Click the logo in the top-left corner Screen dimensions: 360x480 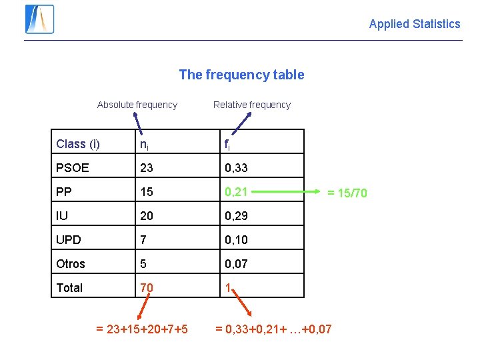[39, 19]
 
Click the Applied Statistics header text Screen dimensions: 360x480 [414, 24]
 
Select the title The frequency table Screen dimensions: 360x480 [241, 75]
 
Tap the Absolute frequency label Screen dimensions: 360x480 [137, 105]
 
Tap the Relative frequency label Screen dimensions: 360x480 [251, 105]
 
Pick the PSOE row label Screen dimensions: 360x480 [72, 168]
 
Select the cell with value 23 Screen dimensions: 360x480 [147, 168]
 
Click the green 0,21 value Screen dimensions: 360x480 [236, 192]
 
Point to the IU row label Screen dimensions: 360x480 [63, 216]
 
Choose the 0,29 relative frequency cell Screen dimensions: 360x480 [236, 216]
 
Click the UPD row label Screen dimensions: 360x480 [69, 240]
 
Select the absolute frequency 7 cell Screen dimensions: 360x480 [143, 240]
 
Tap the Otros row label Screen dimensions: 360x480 [71, 264]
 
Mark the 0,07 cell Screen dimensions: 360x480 [236, 264]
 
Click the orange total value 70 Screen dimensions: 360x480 [147, 287]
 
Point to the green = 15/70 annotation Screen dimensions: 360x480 [346, 193]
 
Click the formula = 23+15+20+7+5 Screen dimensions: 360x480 [141, 329]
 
